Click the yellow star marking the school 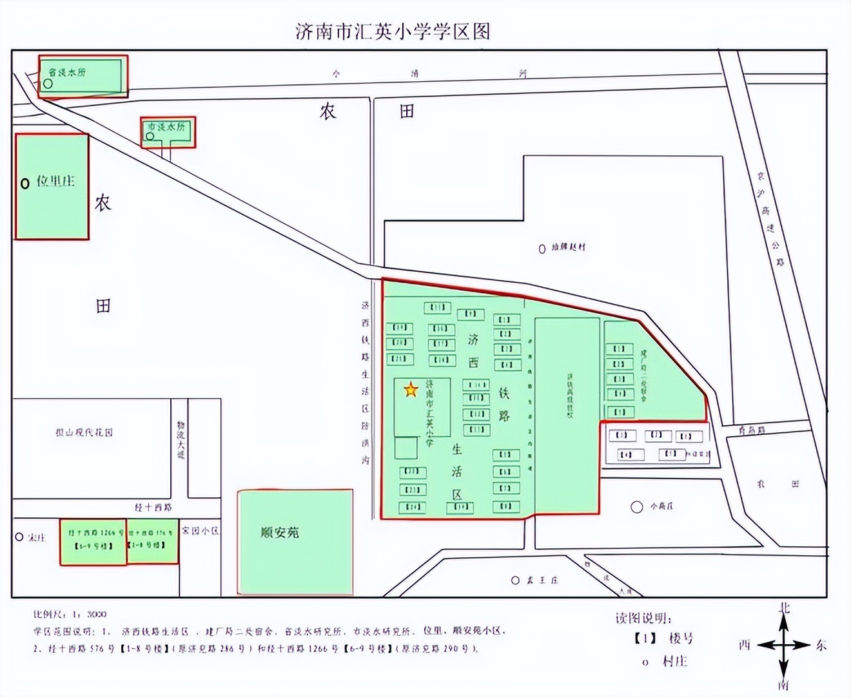point(411,389)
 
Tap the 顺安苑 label point(280,532)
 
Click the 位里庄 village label point(55,181)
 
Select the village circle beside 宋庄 point(19,537)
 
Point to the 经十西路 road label point(153,508)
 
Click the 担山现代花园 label point(84,432)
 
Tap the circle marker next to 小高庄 point(637,507)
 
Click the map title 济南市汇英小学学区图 point(393,31)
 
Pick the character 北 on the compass point(784,607)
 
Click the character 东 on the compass point(821,645)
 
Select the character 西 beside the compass point(745,645)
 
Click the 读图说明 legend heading point(643,618)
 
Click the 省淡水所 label point(67,72)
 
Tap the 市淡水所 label point(166,127)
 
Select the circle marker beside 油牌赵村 point(542,249)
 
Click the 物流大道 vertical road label point(181,440)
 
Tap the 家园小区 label point(200,531)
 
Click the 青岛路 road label point(752,430)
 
